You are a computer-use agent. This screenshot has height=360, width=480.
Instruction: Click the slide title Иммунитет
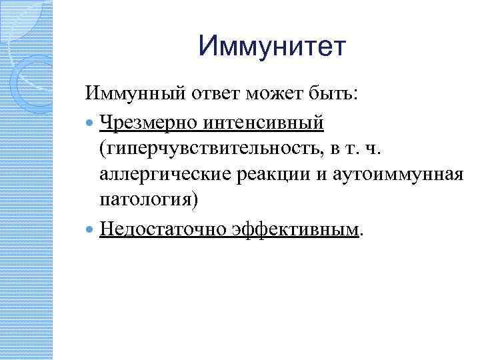pos(273,47)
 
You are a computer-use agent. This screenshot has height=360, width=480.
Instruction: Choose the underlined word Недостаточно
pos(163,229)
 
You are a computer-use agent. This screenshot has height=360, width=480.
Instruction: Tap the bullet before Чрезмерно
pos(91,122)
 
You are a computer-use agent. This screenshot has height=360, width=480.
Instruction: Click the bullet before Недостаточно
pos(91,230)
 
